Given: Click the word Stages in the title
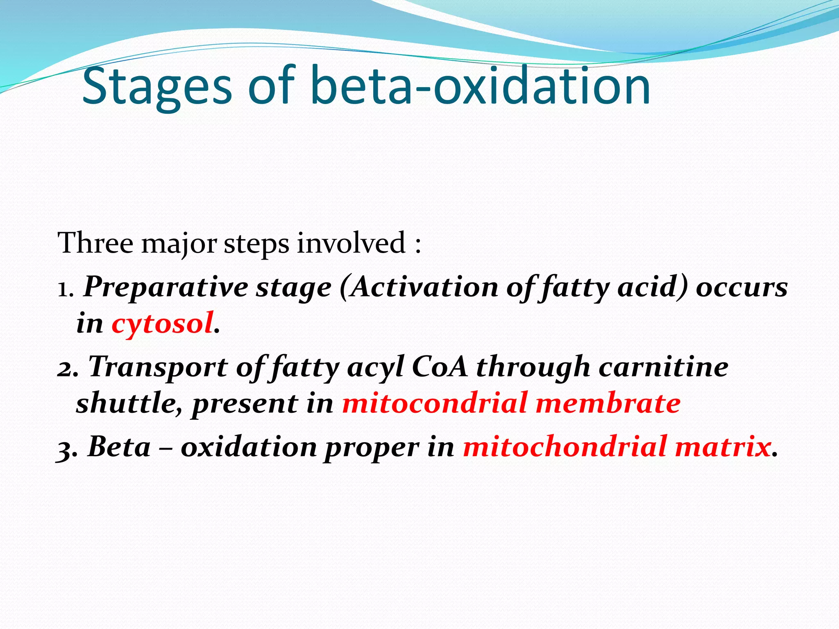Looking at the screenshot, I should point(157,87).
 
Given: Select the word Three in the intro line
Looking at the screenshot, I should point(95,243).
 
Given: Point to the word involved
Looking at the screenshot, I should point(351,243).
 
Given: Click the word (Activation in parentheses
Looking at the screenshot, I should point(418,287).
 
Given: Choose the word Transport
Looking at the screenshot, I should point(158,367).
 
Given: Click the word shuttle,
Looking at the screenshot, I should point(129,403).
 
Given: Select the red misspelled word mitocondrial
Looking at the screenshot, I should point(434,403).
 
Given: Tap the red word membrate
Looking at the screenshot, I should point(608,403).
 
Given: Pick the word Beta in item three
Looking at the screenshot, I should point(119,446).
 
